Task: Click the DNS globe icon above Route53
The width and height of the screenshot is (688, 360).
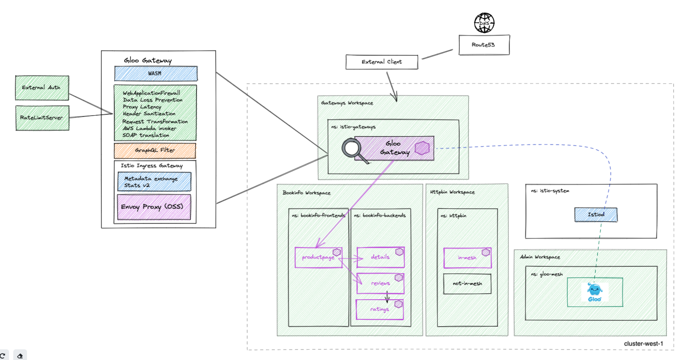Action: [484, 23]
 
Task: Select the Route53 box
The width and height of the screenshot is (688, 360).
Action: [484, 45]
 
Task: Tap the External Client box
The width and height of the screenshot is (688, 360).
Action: [381, 62]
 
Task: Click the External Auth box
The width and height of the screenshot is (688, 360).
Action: [42, 88]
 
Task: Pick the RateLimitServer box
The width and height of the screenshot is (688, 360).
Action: [42, 118]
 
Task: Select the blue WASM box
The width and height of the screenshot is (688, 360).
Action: [156, 74]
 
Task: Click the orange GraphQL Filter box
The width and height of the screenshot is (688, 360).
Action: [155, 151]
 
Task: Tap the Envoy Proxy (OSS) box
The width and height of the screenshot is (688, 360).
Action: [154, 207]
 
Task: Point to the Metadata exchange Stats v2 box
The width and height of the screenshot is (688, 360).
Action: [154, 181]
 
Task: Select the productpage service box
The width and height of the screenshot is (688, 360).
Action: [318, 258]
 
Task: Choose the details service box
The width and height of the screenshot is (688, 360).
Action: [380, 257]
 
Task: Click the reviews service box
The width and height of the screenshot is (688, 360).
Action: [380, 283]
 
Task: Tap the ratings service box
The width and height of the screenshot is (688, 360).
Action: [379, 309]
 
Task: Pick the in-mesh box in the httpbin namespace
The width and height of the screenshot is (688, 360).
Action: [467, 258]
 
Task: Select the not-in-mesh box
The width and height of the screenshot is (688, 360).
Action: [467, 284]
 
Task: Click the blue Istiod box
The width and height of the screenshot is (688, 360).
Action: [596, 214]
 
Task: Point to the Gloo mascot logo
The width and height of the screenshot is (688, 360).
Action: [595, 292]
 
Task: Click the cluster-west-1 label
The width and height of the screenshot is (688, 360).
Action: [643, 344]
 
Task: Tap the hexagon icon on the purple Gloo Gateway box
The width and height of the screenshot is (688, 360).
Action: [422, 148]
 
